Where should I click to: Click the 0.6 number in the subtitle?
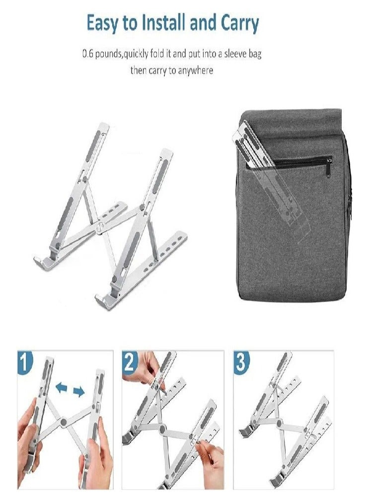[88, 54]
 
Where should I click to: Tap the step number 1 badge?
[25, 362]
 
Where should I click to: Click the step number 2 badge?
[130, 363]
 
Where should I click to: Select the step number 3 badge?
[241, 363]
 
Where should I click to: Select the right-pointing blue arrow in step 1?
[78, 392]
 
